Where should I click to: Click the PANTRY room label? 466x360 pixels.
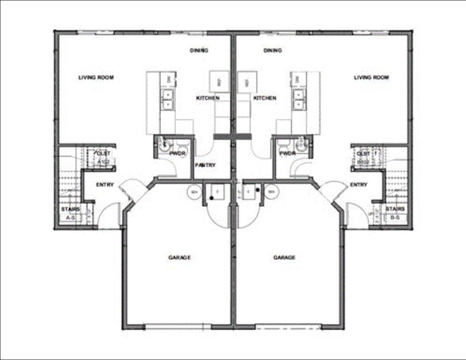pos(204,165)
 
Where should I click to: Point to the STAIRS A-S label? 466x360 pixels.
pos(70,213)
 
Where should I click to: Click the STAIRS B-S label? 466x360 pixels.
pos(396,213)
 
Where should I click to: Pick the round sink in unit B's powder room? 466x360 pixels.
pos(301,147)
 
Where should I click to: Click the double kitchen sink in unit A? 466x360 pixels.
pos(169,100)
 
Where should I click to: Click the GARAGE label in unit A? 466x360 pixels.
pos(180,257)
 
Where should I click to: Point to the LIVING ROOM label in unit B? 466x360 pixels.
pos(371,77)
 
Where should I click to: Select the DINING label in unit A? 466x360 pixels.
pos(199,51)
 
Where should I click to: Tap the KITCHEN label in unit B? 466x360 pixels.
pos(265,98)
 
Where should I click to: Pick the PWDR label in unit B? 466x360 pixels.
pos(287,154)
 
